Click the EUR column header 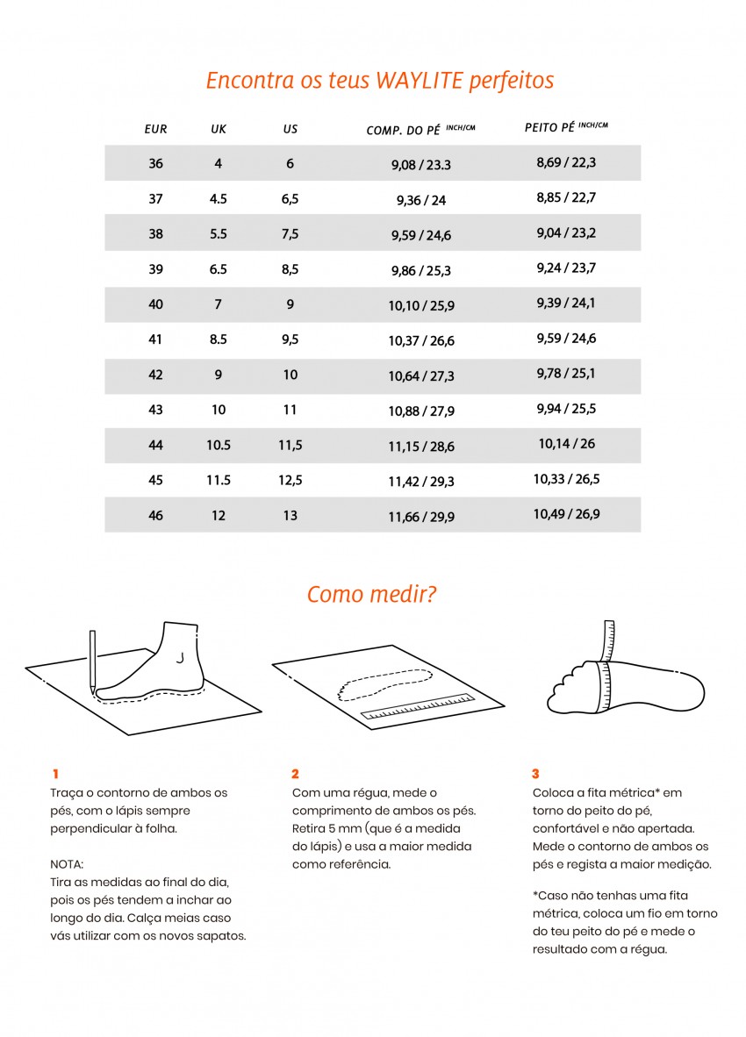click(155, 129)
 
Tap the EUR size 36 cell click(155, 163)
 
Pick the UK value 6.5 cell click(219, 269)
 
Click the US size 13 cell click(291, 516)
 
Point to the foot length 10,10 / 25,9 click(421, 305)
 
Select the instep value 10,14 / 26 click(566, 444)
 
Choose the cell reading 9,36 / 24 click(421, 200)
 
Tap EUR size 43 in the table click(155, 410)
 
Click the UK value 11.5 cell click(219, 480)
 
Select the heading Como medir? click(372, 594)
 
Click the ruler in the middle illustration click(418, 707)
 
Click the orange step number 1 click(54, 774)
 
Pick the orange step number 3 click(535, 774)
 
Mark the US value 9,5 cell click(291, 340)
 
